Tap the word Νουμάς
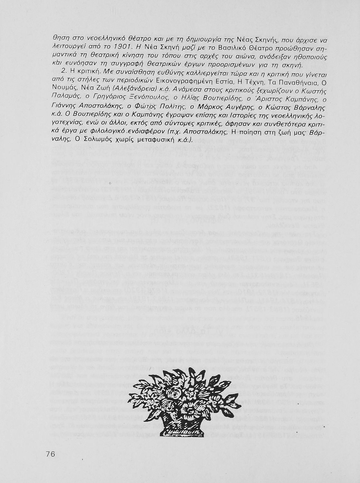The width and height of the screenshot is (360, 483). pyautogui.click(x=63, y=88)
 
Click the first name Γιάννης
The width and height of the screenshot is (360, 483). pyautogui.click(x=65, y=106)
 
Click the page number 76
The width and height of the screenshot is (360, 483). pyautogui.click(x=51, y=454)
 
